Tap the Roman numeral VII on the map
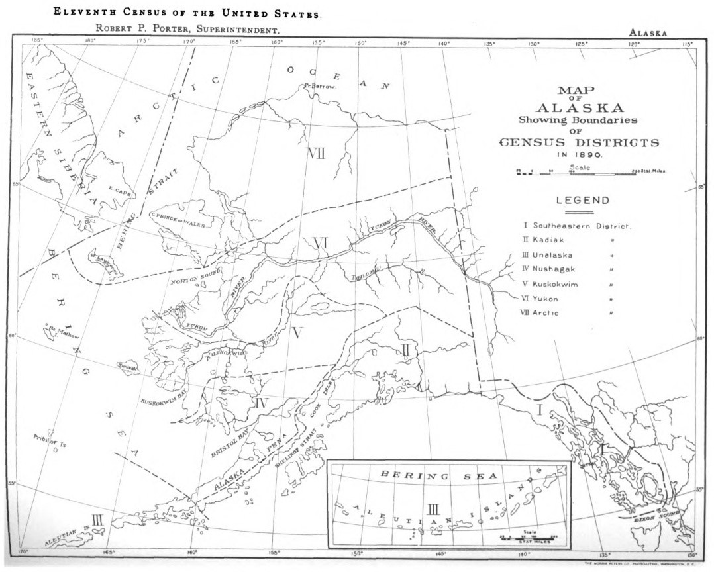coord(316,154)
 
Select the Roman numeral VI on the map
coord(320,243)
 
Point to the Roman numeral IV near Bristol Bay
coord(260,402)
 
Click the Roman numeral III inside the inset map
coord(433,509)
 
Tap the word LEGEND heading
coord(583,200)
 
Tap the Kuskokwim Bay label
coord(162,393)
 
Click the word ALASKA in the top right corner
coord(647,32)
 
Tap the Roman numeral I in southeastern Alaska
coord(539,410)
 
